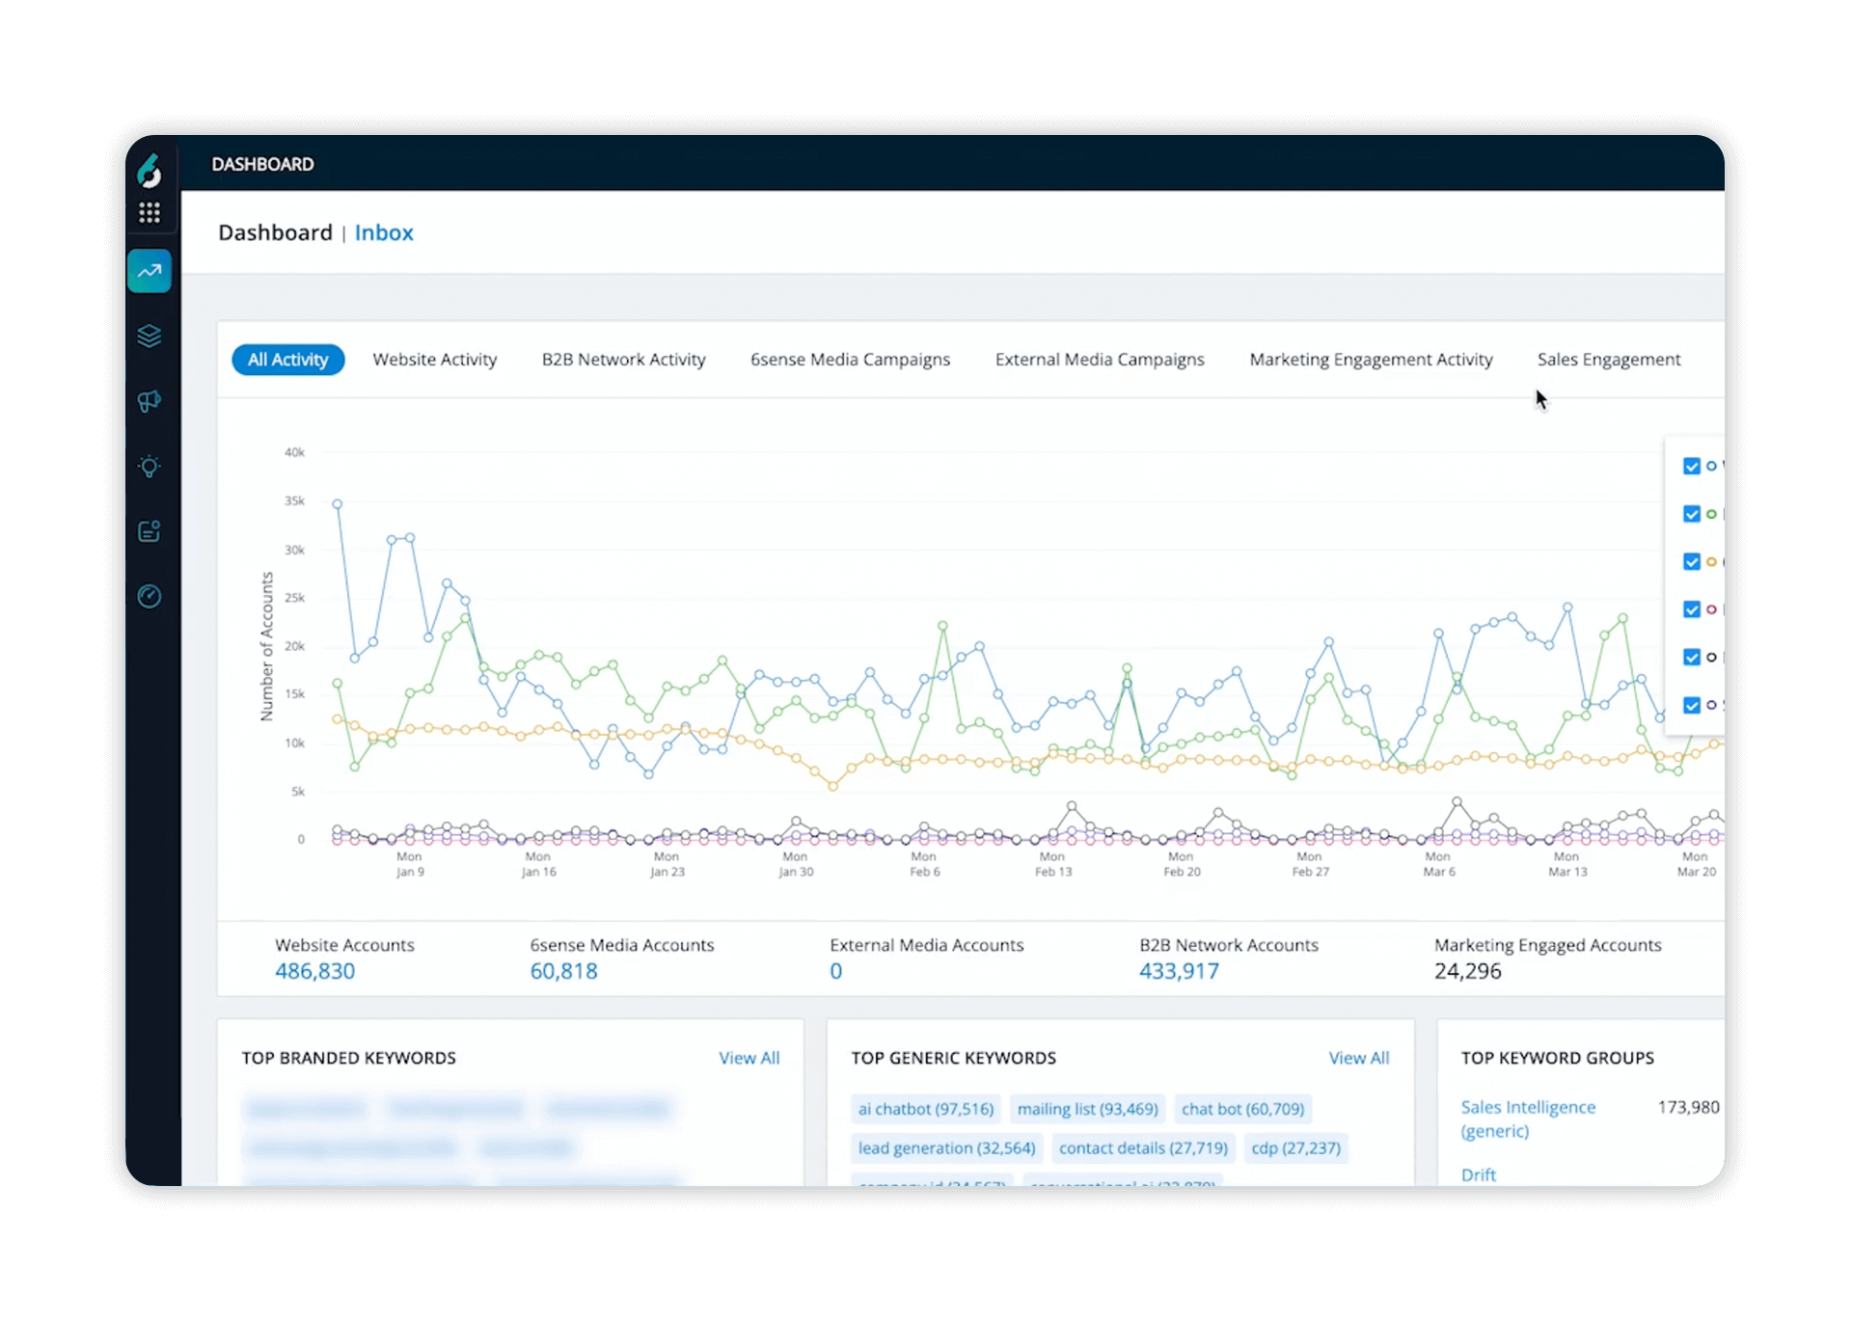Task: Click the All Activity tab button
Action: [x=287, y=360]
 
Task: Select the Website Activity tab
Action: [x=434, y=360]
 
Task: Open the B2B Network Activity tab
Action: [x=623, y=360]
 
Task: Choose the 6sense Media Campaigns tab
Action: [x=850, y=360]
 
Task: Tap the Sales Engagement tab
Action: [x=1608, y=360]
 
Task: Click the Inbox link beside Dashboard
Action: [x=383, y=232]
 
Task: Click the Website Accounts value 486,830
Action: [x=314, y=971]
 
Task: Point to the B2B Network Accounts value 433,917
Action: [x=1178, y=971]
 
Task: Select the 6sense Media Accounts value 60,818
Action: [x=563, y=971]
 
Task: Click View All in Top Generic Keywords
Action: [x=1358, y=1058]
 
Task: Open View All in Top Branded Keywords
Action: [x=749, y=1058]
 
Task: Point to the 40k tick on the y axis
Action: [x=294, y=452]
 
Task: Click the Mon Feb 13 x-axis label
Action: [x=1052, y=864]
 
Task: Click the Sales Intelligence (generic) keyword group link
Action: [x=1527, y=1119]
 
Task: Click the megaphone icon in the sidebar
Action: [x=149, y=401]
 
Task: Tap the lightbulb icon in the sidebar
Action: [x=149, y=467]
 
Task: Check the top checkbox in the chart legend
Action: [x=1691, y=467]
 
